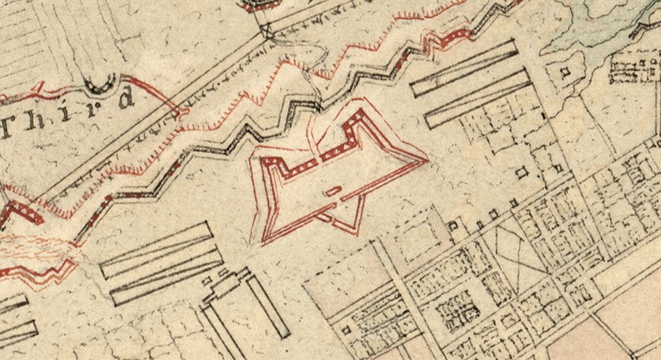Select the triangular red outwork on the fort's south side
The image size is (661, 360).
[x=344, y=216]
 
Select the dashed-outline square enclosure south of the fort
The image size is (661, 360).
[x=414, y=232]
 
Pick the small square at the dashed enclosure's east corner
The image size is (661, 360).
[x=453, y=226]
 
